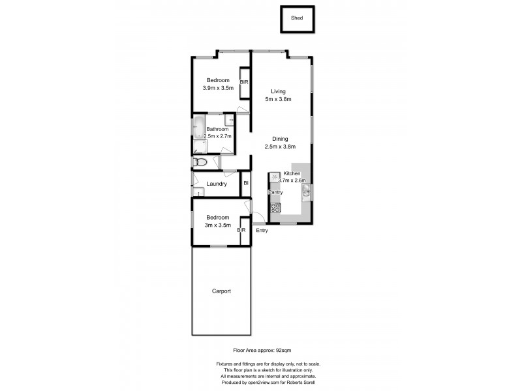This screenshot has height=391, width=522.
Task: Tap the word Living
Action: click(x=278, y=91)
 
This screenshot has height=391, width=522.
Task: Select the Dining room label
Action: click(x=280, y=139)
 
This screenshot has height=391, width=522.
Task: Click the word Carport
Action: click(x=222, y=291)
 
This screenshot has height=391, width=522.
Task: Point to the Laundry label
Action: click(x=217, y=184)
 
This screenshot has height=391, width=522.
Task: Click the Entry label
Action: click(x=262, y=231)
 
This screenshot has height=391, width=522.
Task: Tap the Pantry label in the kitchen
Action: click(x=275, y=193)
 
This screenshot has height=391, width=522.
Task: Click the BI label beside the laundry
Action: click(x=246, y=184)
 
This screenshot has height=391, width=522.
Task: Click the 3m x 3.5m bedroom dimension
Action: click(x=217, y=225)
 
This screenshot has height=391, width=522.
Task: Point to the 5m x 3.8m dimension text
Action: click(x=278, y=99)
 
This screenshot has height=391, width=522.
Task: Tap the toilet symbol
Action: click(x=200, y=162)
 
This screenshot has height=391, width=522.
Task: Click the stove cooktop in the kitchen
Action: click(x=275, y=209)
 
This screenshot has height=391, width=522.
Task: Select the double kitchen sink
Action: click(x=305, y=191)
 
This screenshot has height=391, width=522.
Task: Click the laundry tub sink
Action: click(x=196, y=192)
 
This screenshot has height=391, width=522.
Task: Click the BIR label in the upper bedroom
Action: click(x=244, y=83)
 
